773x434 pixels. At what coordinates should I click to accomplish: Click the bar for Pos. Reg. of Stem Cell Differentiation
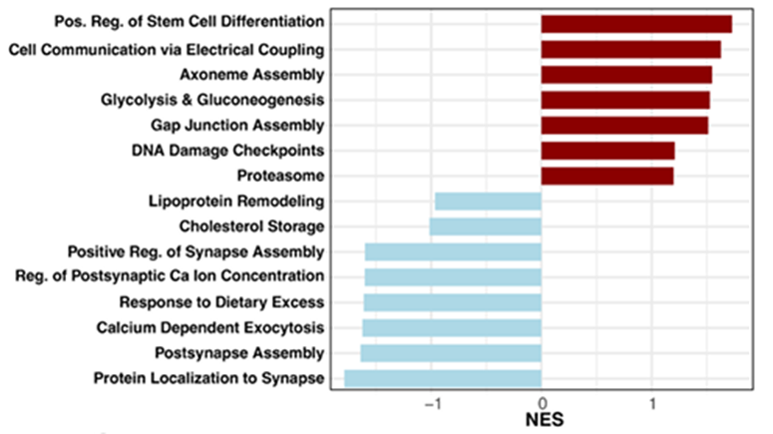[x=636, y=24]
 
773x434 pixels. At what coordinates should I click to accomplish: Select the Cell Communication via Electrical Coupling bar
[x=630, y=49]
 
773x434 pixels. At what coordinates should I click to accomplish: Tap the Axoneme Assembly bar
[x=626, y=75]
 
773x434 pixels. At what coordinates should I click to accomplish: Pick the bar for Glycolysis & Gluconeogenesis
[x=625, y=100]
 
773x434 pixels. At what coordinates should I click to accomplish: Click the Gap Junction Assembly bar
[x=624, y=125]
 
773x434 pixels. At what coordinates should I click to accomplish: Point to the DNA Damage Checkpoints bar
[x=607, y=151]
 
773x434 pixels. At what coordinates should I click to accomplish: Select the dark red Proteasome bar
[x=606, y=176]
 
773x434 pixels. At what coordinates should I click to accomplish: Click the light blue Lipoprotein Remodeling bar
[x=488, y=202]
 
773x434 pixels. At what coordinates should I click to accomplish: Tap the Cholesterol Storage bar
[x=485, y=226]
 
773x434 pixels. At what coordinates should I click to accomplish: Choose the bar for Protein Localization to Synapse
[x=443, y=378]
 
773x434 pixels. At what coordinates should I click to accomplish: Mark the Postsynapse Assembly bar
[x=451, y=353]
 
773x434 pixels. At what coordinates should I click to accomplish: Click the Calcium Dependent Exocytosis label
[x=210, y=327]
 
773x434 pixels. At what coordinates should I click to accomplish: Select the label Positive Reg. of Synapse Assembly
[x=195, y=251]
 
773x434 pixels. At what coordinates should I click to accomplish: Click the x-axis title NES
[x=544, y=420]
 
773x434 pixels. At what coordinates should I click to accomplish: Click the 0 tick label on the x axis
[x=542, y=403]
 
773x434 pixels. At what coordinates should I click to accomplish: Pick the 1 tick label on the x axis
[x=652, y=403]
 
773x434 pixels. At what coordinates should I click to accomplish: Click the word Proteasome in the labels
[x=281, y=176]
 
